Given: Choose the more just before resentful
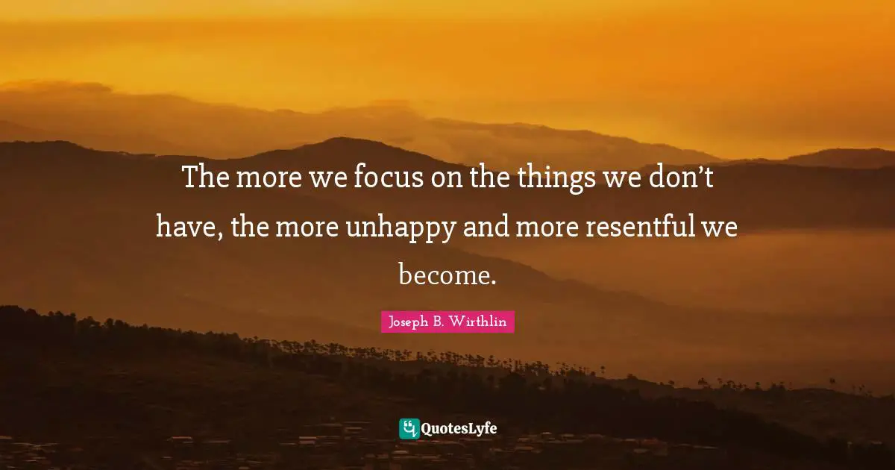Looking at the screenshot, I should click(552, 226).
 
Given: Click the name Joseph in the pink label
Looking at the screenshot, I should click(406, 322).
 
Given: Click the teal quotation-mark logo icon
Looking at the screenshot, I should click(409, 428).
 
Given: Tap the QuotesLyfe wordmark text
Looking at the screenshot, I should click(459, 429).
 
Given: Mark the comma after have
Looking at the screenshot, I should click(221, 235).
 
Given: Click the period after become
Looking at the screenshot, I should click(492, 281).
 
